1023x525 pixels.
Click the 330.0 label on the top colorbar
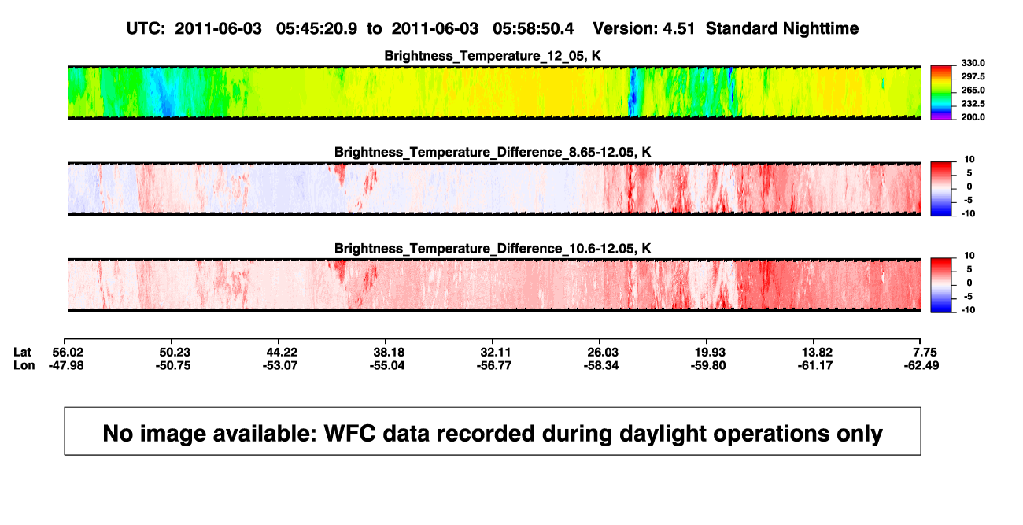coord(973,63)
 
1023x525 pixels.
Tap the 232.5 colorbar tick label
coord(973,104)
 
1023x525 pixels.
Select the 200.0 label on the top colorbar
coord(973,117)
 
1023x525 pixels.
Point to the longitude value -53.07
coord(280,365)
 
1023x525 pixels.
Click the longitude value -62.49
coord(921,365)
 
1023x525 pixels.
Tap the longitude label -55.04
coord(387,365)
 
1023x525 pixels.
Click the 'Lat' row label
coord(22,353)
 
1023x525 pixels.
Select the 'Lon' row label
coord(24,365)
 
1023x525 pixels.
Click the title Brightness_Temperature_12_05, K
coord(493,56)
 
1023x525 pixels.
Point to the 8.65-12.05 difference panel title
coord(493,152)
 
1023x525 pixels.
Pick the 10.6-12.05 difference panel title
coord(493,249)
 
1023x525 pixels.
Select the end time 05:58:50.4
coord(533,29)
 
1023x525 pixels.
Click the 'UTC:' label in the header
coord(146,29)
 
